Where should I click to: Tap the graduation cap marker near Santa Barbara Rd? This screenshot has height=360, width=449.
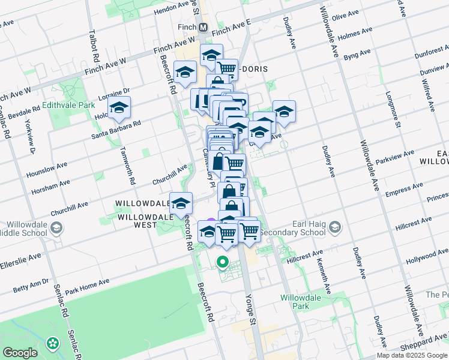(119, 109)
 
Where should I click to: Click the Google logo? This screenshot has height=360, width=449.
(20, 353)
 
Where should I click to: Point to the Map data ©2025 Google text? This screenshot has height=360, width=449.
(412, 355)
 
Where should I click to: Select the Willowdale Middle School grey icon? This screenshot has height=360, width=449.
(56, 227)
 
